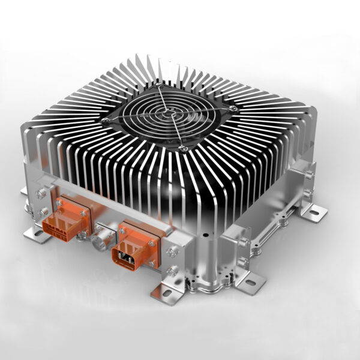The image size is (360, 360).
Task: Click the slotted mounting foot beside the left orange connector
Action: pos(37,235)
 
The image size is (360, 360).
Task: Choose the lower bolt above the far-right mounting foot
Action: pos(307,193)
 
